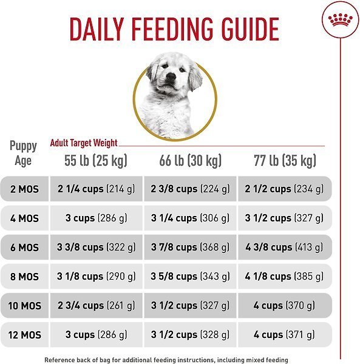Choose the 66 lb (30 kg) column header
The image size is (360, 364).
point(190,160)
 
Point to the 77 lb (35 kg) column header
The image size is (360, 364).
point(285,160)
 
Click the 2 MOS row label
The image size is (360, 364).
point(24,189)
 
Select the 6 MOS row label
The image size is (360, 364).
point(24,248)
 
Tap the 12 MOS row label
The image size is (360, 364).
point(24,335)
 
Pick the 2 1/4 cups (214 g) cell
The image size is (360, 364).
point(96,189)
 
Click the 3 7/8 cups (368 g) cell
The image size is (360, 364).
point(190,248)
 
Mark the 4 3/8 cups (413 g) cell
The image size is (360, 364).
point(285,248)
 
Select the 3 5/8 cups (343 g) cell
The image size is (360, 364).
point(190,277)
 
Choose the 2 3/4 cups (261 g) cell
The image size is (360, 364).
point(96,306)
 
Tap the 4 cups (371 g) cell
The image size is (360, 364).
point(285,335)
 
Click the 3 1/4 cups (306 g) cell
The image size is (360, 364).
point(190,218)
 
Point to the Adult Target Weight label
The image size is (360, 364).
point(84,143)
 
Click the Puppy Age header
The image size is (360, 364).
point(23,153)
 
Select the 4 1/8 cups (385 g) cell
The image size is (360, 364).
point(285,277)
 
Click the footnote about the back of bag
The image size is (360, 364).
point(166,360)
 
